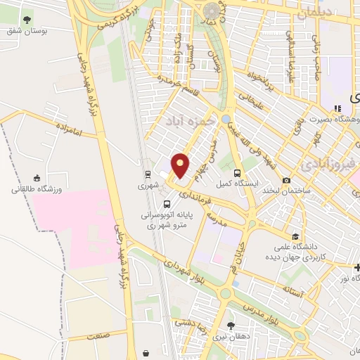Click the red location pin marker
[x=181, y=165]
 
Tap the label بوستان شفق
[x=24, y=31]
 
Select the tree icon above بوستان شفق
[x=27, y=19]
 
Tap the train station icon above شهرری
[x=148, y=173]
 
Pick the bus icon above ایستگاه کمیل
[x=238, y=172]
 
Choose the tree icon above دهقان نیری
[x=232, y=324]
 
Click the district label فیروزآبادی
[x=328, y=166]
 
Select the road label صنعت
[x=97, y=337]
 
